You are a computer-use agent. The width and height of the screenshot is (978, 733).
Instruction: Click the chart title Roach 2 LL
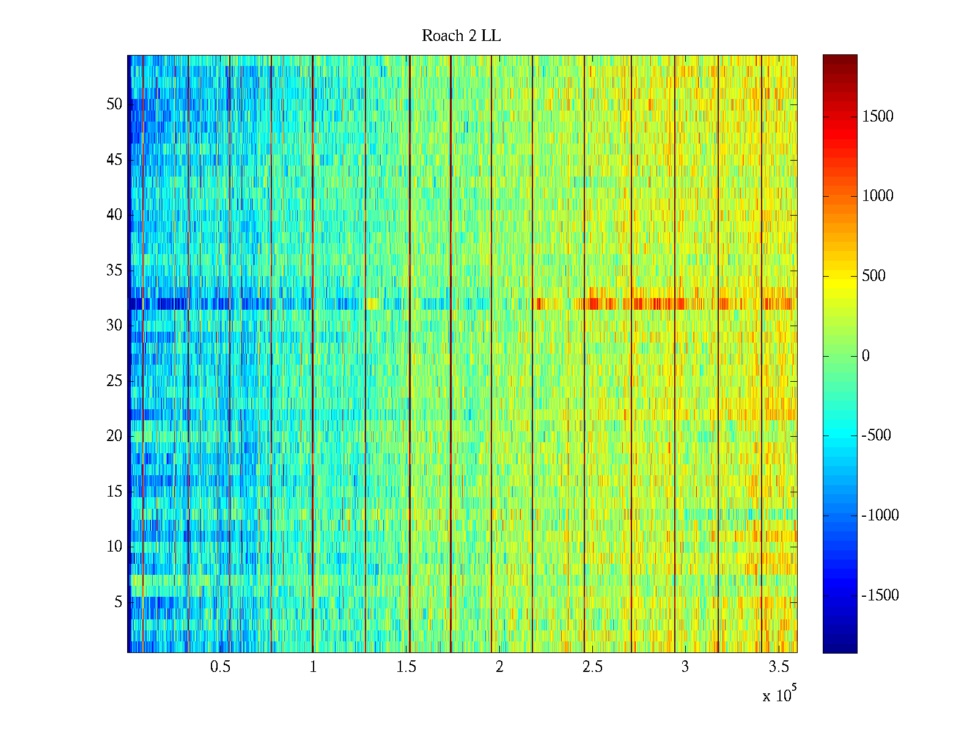[461, 36]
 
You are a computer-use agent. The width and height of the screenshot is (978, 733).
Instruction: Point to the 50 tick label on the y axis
[114, 104]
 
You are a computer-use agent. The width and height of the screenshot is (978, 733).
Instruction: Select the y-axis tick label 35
[114, 271]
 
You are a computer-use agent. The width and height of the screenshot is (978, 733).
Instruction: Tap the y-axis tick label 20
[114, 436]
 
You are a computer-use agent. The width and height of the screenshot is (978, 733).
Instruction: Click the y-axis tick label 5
[118, 602]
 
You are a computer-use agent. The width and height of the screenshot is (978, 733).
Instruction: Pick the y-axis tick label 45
[114, 160]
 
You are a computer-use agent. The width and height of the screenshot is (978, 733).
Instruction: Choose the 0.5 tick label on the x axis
[220, 667]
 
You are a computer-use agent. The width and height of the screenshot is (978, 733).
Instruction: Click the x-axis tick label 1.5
[406, 667]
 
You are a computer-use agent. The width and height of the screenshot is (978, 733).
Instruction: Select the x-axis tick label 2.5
[592, 667]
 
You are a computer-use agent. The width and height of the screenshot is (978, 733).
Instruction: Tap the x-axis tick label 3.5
[779, 667]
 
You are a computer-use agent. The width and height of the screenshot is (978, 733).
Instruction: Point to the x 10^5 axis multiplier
[779, 695]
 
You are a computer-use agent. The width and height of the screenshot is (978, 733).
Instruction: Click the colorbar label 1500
[878, 117]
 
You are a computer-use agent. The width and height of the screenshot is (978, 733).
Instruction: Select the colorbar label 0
[866, 356]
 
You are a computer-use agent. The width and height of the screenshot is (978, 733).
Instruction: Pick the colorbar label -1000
[880, 516]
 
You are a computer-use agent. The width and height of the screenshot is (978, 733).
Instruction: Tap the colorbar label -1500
[880, 596]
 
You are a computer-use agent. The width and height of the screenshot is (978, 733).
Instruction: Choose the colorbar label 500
[874, 276]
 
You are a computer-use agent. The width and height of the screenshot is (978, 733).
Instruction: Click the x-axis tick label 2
[499, 667]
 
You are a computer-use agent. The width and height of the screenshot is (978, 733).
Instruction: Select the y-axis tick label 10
[114, 547]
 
